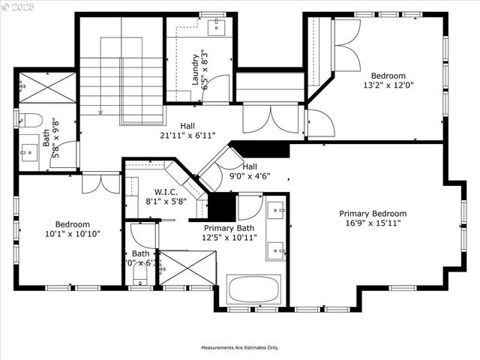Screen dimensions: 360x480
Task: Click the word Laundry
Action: [195, 68]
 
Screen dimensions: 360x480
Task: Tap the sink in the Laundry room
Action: [217, 28]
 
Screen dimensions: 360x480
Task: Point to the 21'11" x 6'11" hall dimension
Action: [187, 136]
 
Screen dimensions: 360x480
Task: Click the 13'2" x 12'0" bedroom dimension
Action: [388, 86]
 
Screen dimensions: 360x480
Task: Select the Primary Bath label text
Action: [229, 228]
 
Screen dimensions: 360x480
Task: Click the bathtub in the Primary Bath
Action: [253, 289]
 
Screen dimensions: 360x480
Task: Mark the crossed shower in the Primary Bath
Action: [187, 268]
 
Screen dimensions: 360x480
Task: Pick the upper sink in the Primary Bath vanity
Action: [275, 208]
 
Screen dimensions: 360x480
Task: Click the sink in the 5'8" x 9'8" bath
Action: [29, 151]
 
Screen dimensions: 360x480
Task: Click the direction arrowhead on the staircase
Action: [100, 112]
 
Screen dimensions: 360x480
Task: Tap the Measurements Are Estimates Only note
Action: [239, 348]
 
